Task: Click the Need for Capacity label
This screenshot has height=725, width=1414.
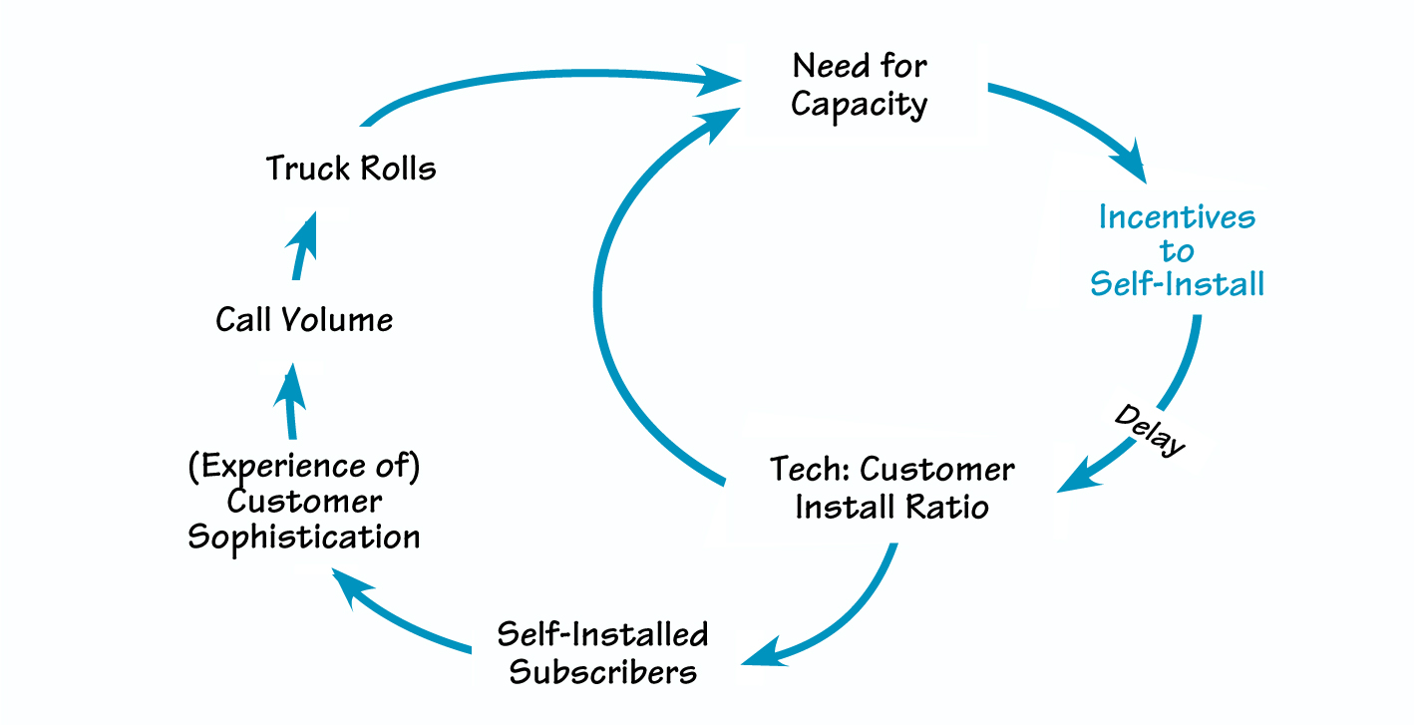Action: tap(860, 86)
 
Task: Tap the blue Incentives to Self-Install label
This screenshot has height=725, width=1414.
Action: tap(1177, 250)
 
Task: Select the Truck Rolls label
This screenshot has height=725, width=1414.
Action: tap(351, 168)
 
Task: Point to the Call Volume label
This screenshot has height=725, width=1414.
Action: tap(304, 320)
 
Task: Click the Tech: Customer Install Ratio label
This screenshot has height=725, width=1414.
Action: tap(892, 488)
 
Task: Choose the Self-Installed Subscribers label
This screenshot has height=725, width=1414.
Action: tap(602, 653)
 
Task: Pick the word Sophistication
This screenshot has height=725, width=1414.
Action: tap(304, 538)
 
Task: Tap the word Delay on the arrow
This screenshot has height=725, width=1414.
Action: tap(1151, 430)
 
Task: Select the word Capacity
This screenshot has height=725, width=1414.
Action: tap(860, 105)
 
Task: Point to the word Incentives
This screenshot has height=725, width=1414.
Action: tap(1177, 217)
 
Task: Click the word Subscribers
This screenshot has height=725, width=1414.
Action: tap(602, 671)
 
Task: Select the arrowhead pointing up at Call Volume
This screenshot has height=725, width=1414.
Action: tap(288, 381)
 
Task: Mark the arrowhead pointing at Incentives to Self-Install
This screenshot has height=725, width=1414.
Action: tap(1132, 167)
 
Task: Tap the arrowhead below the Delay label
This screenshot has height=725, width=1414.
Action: tap(1074, 479)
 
